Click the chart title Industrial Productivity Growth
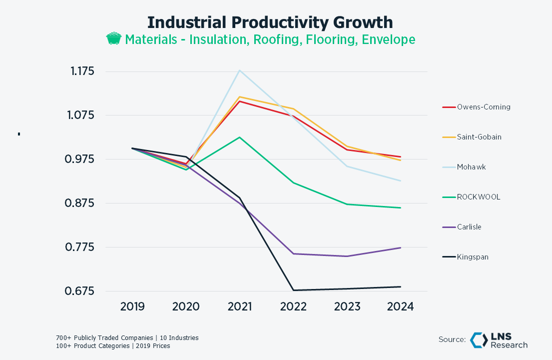(270, 22)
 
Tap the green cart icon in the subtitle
(114, 39)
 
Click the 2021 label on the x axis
(240, 306)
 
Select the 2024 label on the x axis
(400, 306)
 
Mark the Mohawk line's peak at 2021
(240, 70)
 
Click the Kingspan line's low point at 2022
(293, 290)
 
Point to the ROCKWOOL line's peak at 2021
(240, 137)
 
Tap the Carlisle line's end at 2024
(400, 247)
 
